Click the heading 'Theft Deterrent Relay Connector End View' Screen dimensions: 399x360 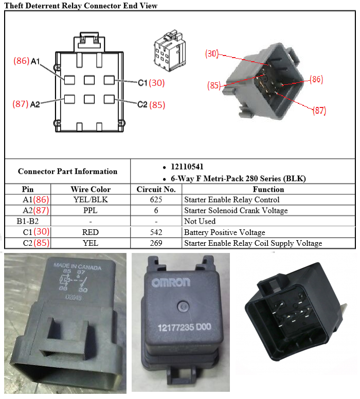click(81, 6)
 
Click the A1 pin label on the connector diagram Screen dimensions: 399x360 click(35, 61)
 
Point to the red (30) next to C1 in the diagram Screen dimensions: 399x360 click(157, 83)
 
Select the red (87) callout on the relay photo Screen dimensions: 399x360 click(319, 110)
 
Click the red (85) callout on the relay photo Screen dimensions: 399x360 click(214, 86)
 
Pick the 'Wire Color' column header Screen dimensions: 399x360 click(91, 189)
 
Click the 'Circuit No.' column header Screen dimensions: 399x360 click(156, 189)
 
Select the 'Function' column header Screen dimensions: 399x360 click(268, 189)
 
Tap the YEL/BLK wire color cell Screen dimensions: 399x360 click(91, 199)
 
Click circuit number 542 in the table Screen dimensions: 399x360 click(156, 232)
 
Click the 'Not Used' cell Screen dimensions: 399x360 click(200, 221)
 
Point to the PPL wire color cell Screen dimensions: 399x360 click(91, 210)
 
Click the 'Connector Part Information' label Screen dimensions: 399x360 click(67, 171)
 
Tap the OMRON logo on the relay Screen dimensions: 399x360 click(171, 282)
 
